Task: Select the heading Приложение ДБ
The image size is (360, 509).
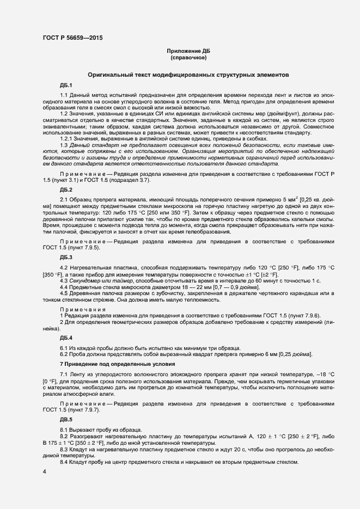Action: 188,51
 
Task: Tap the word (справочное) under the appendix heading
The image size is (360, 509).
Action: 188,57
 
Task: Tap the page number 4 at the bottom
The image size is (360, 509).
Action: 44,471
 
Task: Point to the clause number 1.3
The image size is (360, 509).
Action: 64,145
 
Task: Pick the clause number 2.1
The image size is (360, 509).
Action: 64,200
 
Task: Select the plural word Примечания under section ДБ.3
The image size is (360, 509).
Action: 82,309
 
